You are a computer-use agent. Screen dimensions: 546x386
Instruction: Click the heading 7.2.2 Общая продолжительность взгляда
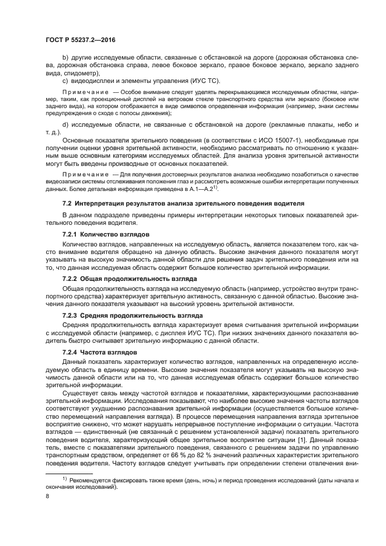(x=121, y=279)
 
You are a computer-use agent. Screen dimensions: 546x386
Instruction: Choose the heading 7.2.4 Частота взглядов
(x=91, y=352)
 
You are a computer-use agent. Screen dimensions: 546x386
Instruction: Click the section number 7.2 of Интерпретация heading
(x=67, y=202)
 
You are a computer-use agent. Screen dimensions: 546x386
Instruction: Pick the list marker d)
(x=65, y=124)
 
